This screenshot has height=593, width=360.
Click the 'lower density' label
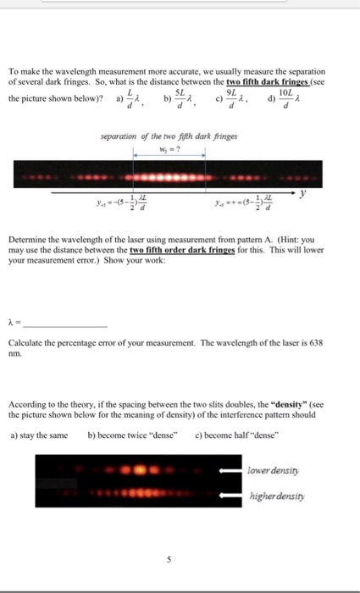pos(269,468)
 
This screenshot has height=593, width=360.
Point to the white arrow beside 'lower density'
pos(230,468)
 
